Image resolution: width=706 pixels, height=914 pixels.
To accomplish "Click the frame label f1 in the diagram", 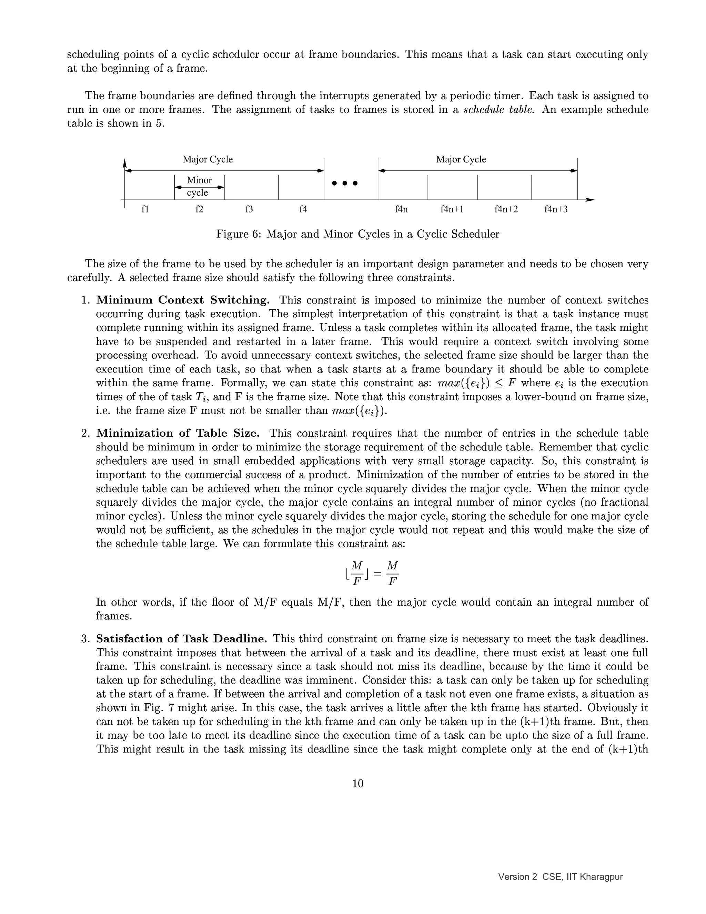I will pos(145,209).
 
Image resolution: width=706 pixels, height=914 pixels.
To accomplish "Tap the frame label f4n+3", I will pos(555,209).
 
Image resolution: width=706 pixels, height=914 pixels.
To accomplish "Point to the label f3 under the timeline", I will pos(249,209).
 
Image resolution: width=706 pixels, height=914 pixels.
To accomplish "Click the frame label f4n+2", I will pos(506,209).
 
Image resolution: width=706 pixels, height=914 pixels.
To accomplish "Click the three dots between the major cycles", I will pos(345,183).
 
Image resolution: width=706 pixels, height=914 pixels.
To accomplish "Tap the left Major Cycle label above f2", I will pos(208,159).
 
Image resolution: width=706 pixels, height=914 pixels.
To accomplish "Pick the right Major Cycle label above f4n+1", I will pos(461,159).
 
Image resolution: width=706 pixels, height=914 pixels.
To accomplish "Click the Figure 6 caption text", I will pos(357,234).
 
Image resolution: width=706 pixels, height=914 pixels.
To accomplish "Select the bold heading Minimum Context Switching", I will pos(183,300).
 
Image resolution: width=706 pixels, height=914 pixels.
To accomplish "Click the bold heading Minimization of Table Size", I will pos(178,433).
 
